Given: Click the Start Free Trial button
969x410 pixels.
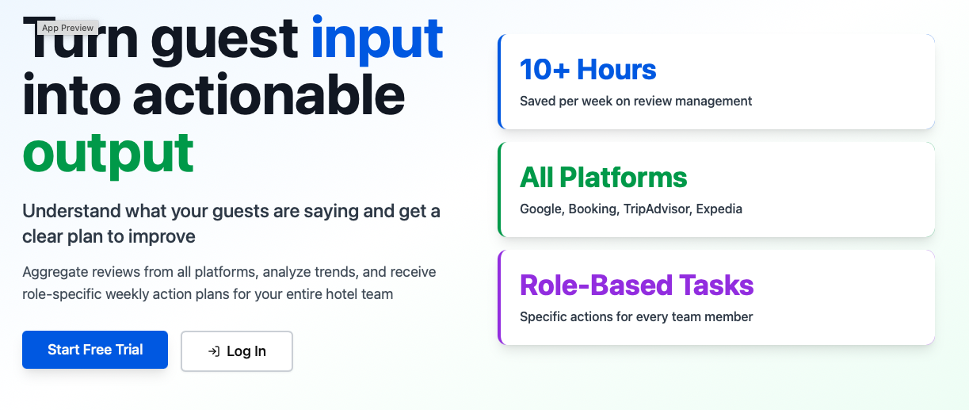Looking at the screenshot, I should (x=95, y=350).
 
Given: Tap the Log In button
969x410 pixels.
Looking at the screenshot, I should (x=237, y=351).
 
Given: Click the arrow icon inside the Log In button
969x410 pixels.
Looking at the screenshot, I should (x=213, y=351).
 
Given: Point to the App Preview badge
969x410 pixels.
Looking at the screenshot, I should (x=67, y=28).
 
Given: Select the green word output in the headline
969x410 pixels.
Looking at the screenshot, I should (x=108, y=152).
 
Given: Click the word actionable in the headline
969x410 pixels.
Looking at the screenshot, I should (x=269, y=95).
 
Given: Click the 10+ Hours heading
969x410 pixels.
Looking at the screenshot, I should (x=588, y=70).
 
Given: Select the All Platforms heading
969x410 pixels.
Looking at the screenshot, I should (x=603, y=177).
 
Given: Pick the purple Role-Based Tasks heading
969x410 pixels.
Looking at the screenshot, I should (x=636, y=285).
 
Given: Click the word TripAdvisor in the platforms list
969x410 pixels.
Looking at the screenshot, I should (x=658, y=209).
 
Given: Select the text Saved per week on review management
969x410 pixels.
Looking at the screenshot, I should (x=635, y=101).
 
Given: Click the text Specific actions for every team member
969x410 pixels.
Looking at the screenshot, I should (x=635, y=316).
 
